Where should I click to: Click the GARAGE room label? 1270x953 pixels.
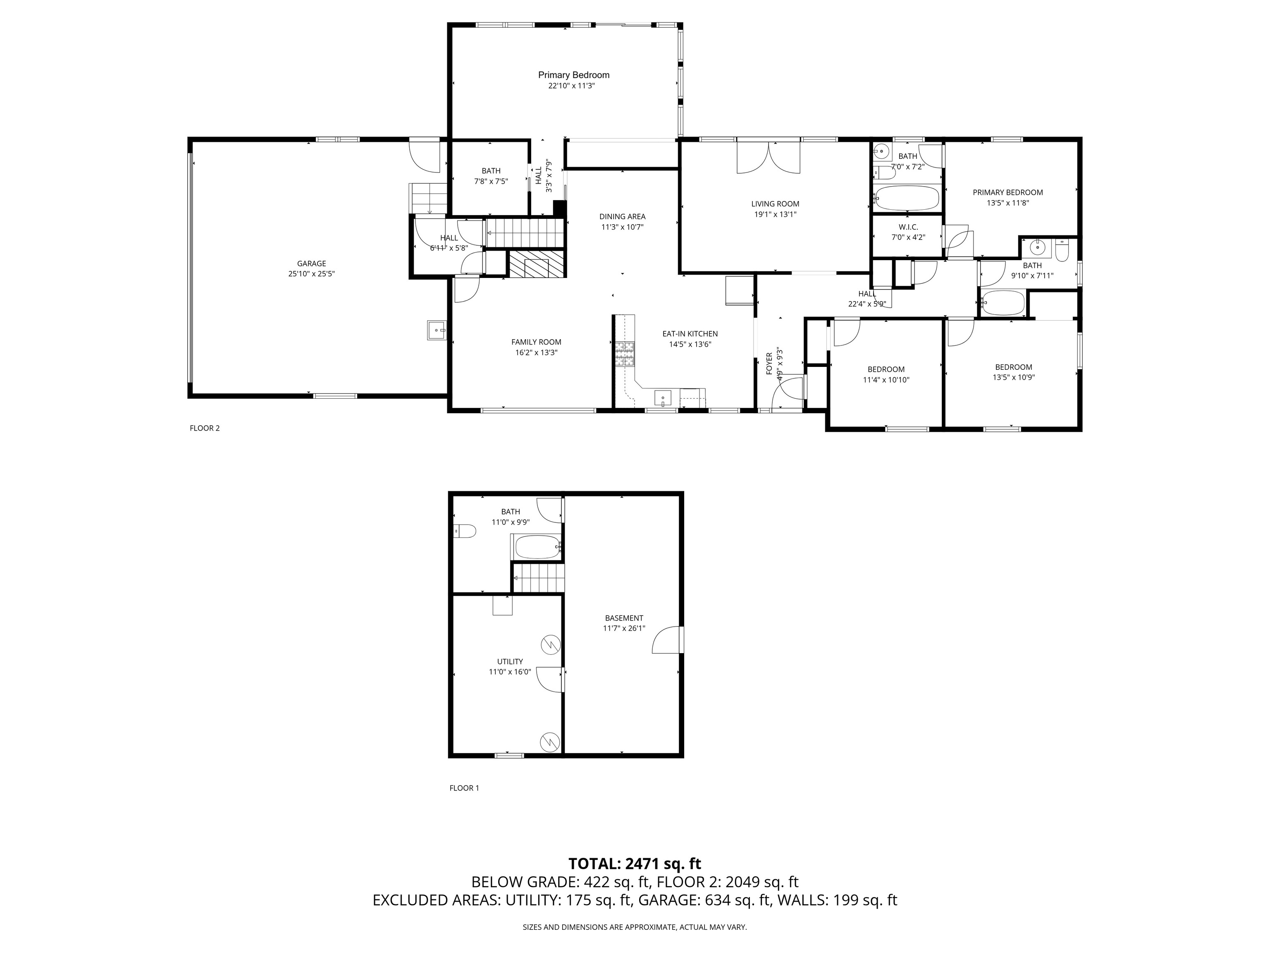(x=311, y=263)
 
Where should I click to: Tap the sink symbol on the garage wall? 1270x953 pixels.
(x=436, y=330)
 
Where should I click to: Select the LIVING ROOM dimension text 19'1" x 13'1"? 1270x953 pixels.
(x=775, y=214)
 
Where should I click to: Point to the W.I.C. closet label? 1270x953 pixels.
(x=908, y=227)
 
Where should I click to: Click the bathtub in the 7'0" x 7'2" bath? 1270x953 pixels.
(x=907, y=198)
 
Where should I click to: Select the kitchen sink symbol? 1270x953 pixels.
(x=663, y=397)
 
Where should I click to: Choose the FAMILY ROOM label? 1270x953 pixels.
(x=536, y=342)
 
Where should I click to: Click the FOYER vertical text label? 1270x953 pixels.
(x=769, y=364)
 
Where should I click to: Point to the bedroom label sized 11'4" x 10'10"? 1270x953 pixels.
(x=886, y=369)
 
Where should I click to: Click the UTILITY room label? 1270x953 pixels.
(x=510, y=661)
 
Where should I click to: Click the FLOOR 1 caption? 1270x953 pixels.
(x=464, y=788)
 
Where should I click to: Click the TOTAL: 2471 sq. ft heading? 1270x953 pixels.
(x=635, y=863)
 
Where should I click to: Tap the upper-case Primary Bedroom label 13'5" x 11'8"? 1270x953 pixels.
(x=1007, y=192)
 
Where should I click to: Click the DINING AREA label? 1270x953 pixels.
(x=622, y=217)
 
